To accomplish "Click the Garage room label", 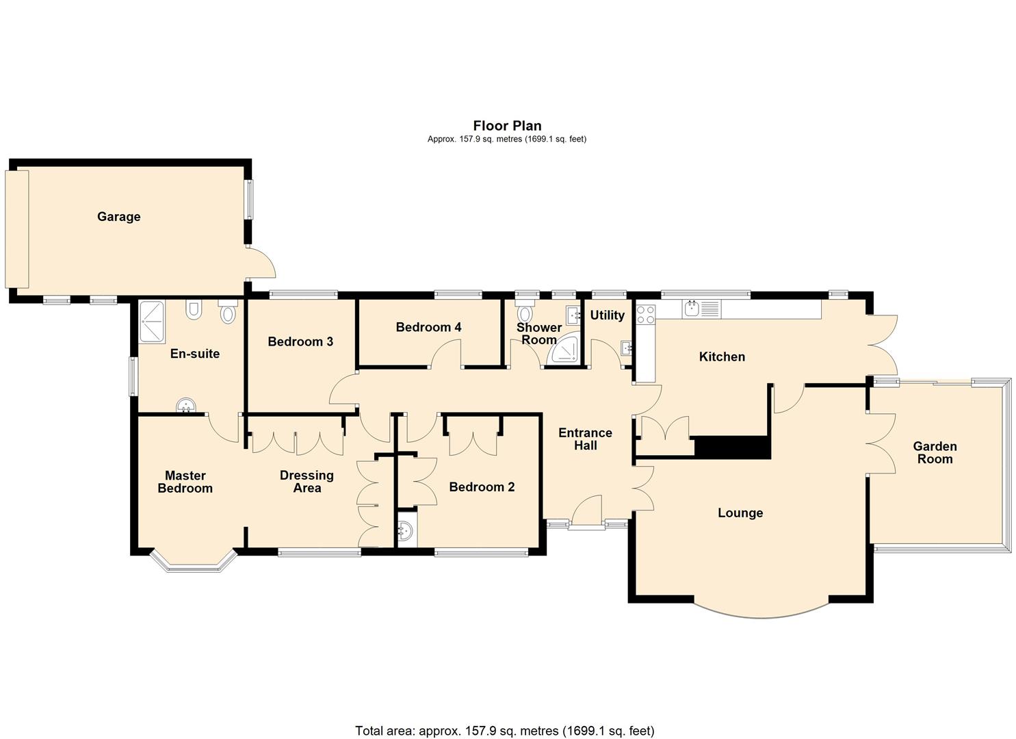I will click(118, 216).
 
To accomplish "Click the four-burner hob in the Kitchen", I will click(645, 314).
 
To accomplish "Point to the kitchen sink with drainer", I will click(701, 309).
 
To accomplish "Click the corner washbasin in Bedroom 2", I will click(406, 530).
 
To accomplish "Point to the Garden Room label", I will click(935, 452).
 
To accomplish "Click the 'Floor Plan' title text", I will click(507, 125).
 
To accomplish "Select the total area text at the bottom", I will click(504, 730).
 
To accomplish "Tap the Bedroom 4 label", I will click(428, 327).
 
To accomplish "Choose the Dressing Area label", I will click(307, 481).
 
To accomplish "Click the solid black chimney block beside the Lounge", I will click(732, 448).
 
